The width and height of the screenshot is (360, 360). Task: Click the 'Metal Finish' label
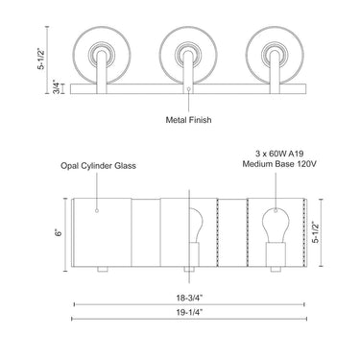coord(188,120)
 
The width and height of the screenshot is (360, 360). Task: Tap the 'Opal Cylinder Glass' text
coord(99,166)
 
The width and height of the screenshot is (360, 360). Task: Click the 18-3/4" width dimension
coord(190,298)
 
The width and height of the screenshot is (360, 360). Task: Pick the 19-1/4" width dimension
coord(190,312)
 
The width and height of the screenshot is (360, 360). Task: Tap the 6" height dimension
coord(59,233)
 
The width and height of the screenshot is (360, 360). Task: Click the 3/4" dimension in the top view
coord(57,87)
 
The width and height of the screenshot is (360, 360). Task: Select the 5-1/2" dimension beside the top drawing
coord(41,59)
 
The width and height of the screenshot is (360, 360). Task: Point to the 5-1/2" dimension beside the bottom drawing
coord(316,231)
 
